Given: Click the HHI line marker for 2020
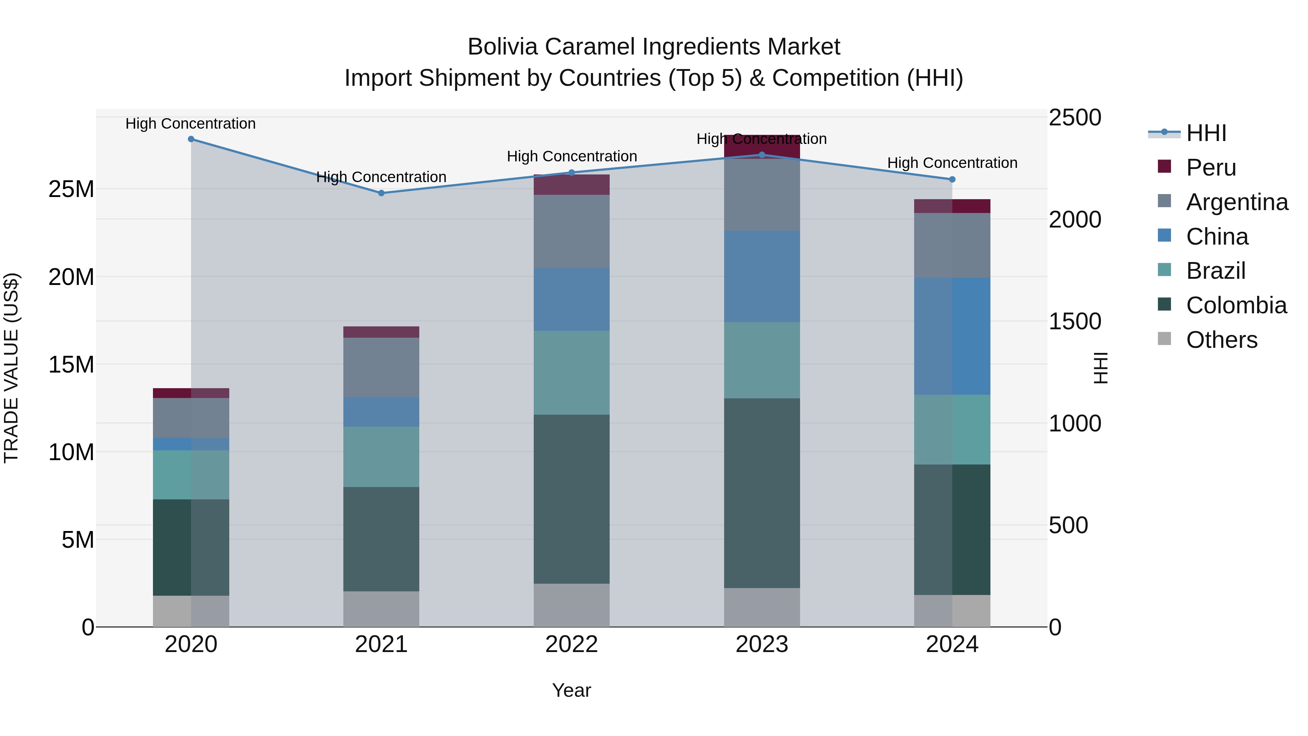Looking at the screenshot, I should point(191,139).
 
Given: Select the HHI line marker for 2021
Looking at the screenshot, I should point(381,193).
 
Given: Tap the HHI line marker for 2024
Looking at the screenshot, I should point(952,179).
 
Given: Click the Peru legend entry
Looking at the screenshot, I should point(1211,168).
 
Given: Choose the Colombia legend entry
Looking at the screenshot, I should point(1236,305).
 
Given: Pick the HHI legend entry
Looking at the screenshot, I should point(1206,133).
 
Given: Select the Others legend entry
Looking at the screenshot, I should point(1221,340).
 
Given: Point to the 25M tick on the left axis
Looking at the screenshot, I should point(71,189).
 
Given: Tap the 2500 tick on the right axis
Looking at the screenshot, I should point(1075,117).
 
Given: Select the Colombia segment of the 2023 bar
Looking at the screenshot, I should point(762,493).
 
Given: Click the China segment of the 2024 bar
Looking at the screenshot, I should point(952,336).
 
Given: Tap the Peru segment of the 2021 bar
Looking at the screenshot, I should point(381,332).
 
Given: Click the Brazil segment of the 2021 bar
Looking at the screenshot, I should point(381,457).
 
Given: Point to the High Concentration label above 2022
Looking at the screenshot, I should point(572,156).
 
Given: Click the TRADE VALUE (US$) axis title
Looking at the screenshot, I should point(11,368).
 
